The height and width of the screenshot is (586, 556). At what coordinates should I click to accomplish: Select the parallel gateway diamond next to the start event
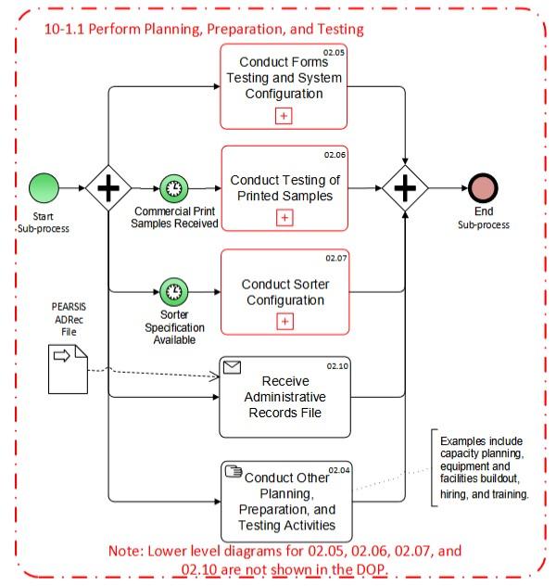108,188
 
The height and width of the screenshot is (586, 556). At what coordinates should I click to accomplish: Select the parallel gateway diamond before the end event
406,188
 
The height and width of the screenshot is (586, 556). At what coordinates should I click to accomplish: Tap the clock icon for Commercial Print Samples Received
172,188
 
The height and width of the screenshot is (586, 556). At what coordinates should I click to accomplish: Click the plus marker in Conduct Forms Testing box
284,115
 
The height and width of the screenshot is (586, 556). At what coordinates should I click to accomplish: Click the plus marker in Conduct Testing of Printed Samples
284,218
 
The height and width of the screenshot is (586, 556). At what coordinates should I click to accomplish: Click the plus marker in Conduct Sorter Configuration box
284,322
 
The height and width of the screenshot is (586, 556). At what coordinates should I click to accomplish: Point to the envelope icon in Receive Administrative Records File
233,368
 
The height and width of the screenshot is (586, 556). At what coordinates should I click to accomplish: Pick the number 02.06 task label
334,154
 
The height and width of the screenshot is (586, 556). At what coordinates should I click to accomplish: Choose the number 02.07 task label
334,257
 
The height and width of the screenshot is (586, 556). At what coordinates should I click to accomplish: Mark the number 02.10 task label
335,366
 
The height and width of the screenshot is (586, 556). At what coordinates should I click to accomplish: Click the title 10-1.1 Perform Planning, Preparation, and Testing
204,29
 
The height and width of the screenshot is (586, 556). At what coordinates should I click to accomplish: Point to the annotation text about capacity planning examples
484,467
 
